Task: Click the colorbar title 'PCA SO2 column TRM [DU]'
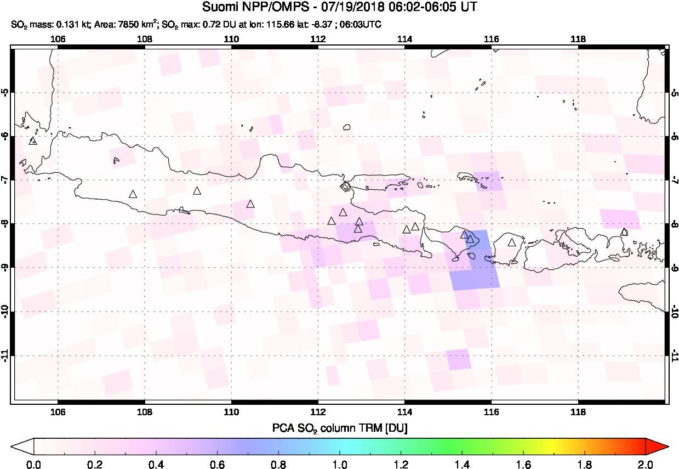tap(339, 427)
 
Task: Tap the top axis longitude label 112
tap(318, 39)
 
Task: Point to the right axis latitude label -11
tap(674, 356)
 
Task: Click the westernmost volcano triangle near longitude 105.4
tap(33, 141)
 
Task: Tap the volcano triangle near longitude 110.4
tap(250, 204)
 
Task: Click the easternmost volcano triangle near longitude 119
tap(624, 232)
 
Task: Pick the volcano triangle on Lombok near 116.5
tap(512, 242)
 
